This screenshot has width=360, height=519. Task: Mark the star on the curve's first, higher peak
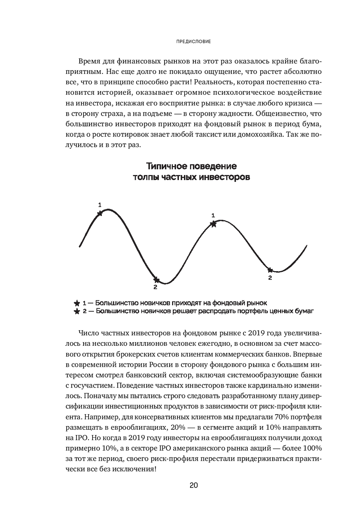[x=100, y=213]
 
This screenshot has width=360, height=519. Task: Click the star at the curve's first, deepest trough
[x=156, y=279]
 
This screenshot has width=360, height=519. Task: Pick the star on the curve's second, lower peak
[x=213, y=224]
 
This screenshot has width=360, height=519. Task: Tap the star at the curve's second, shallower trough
[x=270, y=270]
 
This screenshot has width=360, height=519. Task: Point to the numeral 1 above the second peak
[x=213, y=215]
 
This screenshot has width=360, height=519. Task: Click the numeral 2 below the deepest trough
[x=155, y=287]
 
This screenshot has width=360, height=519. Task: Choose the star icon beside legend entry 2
[x=76, y=311]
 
